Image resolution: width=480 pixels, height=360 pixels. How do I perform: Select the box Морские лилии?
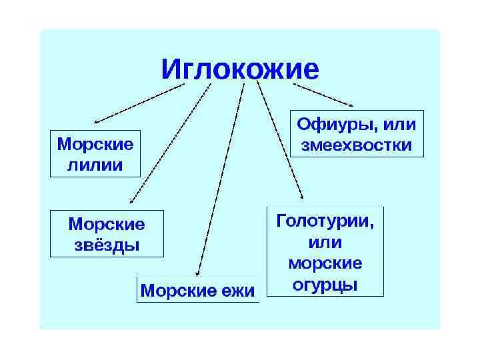95,153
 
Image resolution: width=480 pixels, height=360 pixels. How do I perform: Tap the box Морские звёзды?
107,233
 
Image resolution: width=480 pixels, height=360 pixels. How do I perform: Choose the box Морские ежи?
198,291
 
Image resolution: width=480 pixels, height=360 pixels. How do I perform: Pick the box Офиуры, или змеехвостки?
357,133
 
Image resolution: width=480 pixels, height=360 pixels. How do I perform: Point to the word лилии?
95,165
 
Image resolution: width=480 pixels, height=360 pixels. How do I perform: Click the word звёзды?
107,245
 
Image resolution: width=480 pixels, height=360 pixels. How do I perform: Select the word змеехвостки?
357,145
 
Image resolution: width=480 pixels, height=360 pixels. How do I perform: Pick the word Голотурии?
325,219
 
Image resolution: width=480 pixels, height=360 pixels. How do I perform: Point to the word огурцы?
325,285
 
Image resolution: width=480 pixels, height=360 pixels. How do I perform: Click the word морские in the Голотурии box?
325,263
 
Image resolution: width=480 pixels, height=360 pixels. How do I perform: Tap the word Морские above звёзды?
107,223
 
